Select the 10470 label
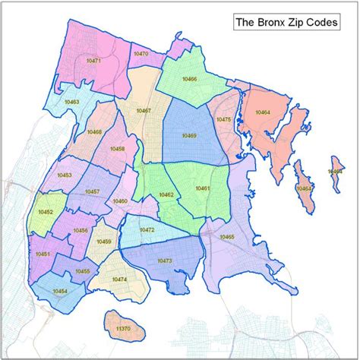coord(141,54)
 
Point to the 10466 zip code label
coord(190,79)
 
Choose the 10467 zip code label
coord(144,111)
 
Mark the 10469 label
coord(189,135)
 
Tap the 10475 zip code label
coord(223,119)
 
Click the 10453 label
coord(65,175)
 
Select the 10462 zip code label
coord(166,195)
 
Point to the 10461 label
coord(202,188)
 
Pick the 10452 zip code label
coord(46,213)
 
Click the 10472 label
coord(147,229)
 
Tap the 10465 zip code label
coord(227,238)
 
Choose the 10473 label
coord(165,261)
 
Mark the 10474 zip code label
coord(119,279)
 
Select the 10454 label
coord(60,291)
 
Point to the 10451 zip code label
coord(43,254)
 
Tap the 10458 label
coord(118,150)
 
